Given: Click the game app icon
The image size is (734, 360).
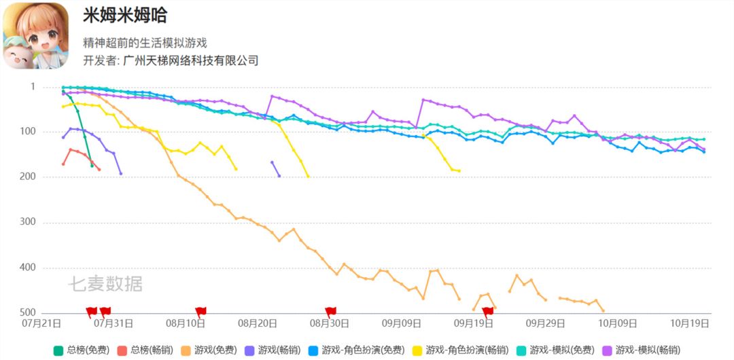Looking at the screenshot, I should point(35,35).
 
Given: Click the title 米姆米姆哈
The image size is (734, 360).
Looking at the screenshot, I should point(125,16).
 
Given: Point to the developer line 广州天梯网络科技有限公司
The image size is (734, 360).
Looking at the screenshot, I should point(171,60).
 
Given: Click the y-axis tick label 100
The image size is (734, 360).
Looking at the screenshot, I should point(46,132).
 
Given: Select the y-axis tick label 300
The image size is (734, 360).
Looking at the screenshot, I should point(46,222).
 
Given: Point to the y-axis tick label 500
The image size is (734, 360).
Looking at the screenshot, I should point(46,312).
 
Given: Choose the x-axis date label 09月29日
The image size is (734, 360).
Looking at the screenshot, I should point(546,324).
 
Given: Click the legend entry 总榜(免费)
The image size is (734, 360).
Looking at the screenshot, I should point(82,350).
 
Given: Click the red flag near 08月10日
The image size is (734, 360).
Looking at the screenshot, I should point(201,311).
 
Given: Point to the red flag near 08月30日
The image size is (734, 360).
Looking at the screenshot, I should point(331,311).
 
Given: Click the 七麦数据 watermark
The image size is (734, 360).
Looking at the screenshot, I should point(105,284).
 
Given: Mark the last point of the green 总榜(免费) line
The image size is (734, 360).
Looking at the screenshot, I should point(92,166).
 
